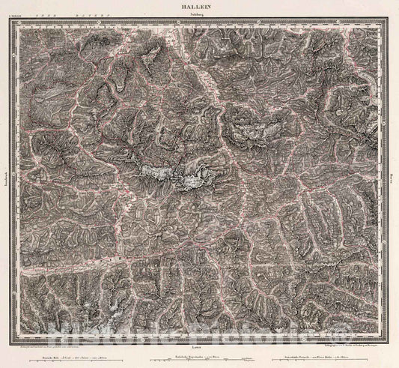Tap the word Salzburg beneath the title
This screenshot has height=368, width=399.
(199, 13)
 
